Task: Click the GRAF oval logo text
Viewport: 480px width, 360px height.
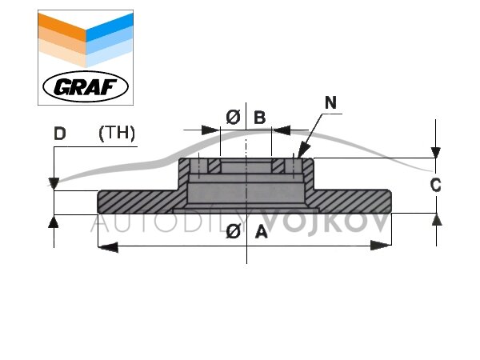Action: coord(86,86)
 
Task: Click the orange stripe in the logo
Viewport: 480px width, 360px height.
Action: coord(62,27)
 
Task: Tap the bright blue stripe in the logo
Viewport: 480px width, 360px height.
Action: coord(110,27)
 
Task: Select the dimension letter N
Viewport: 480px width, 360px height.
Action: coord(330,102)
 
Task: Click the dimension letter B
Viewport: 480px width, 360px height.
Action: coord(260,118)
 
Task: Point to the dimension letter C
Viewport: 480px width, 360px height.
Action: coord(436,186)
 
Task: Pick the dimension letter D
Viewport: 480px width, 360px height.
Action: coord(60,134)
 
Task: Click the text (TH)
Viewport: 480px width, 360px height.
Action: coord(117,134)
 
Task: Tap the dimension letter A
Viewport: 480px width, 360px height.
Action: coord(261,231)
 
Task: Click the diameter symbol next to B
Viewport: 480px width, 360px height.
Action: coord(234,118)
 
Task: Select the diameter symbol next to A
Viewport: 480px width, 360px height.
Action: coord(234,231)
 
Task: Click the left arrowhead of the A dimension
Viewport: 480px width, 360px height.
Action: coord(108,246)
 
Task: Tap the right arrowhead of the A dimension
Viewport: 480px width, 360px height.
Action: coord(381,246)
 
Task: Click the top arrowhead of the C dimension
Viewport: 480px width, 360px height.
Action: coord(436,153)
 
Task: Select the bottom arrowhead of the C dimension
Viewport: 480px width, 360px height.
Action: coord(436,219)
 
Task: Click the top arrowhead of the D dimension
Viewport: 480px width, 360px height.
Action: coord(54,184)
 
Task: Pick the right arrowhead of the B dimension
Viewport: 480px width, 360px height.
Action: coord(282,130)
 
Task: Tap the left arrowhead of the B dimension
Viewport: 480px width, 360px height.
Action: coord(211,130)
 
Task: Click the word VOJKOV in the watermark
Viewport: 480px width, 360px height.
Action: coord(326,223)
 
